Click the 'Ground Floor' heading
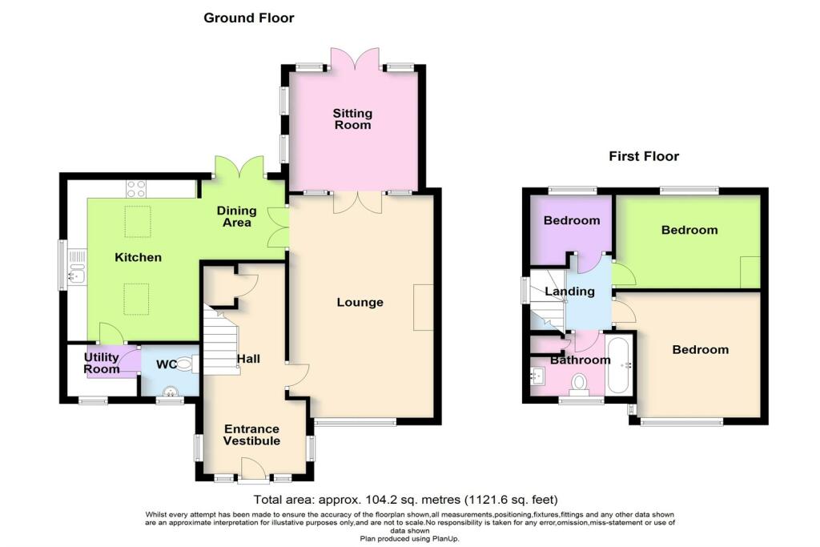(x=249, y=18)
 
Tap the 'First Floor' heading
(x=644, y=156)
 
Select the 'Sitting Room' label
(x=353, y=119)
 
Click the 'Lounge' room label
(x=360, y=302)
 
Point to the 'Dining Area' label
(x=237, y=216)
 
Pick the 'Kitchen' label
(x=138, y=257)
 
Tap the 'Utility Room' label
(x=102, y=363)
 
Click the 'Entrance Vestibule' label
(x=251, y=435)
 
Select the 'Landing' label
(x=569, y=292)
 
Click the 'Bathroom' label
(x=580, y=360)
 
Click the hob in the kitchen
(x=136, y=189)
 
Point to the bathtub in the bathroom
(x=620, y=365)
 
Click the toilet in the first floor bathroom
(x=579, y=384)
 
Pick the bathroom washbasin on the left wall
(x=537, y=376)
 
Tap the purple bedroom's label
(x=572, y=220)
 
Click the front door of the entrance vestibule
(x=255, y=468)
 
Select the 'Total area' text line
(x=406, y=500)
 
